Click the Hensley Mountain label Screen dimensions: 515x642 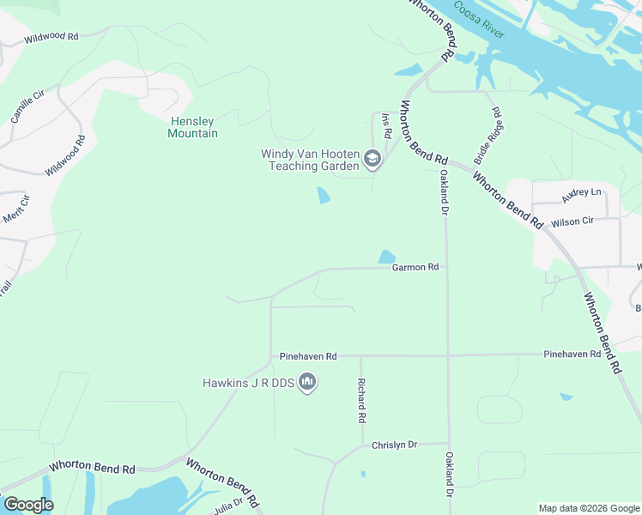point(192,127)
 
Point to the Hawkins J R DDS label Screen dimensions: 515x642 point(247,383)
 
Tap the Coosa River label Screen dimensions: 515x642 point(481,21)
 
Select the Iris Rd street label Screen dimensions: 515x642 point(386,126)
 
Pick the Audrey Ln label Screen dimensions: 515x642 point(582,194)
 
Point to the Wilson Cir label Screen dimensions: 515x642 point(572,221)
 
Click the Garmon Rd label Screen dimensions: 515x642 point(415,268)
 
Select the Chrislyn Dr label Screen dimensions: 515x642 point(394,445)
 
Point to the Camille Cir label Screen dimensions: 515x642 point(26,108)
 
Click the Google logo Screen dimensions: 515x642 point(28,505)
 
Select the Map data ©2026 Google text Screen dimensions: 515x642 point(588,508)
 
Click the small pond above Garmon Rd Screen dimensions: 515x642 point(387,257)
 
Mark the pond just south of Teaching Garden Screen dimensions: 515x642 point(324,196)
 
